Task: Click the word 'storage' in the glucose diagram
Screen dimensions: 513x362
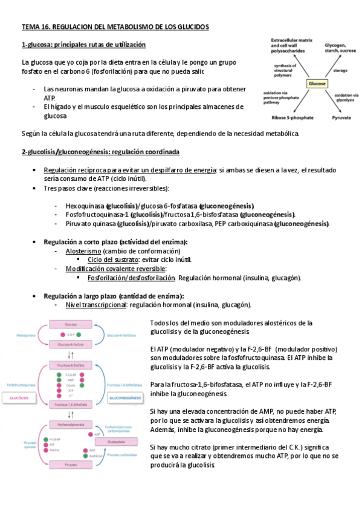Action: tap(340, 71)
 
